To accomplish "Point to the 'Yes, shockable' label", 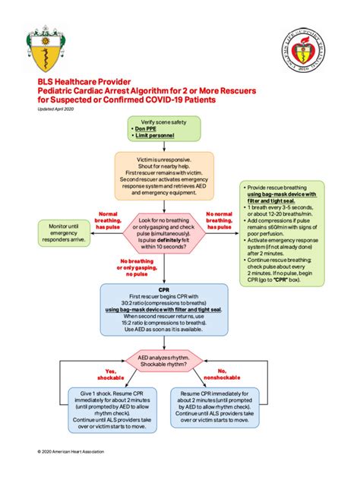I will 106,374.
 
